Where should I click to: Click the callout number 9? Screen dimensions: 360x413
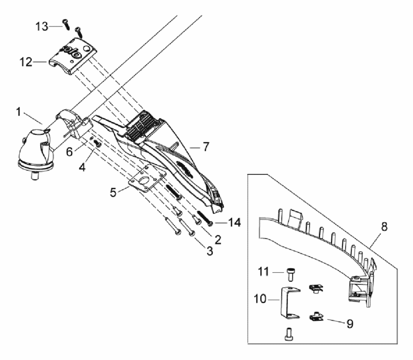(350, 324)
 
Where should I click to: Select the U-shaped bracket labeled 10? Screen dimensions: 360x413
(289, 303)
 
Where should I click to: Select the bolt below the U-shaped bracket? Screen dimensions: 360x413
(289, 333)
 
